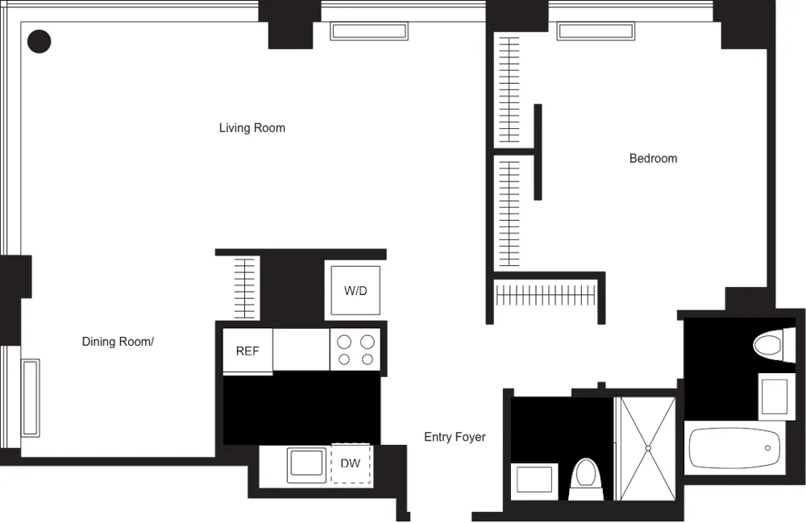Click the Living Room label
pos(252,128)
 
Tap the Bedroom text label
pos(653,159)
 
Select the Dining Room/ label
pos(118,342)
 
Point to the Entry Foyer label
pos(455,437)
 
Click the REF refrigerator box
pos(247,351)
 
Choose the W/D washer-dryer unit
pos(355,290)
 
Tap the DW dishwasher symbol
pos(351,463)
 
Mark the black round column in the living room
pos(39,41)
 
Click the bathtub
pos(734,448)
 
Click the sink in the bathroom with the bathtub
pos(777,396)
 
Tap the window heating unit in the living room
pos(368,31)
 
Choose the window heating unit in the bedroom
pos(595,31)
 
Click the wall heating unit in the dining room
pos(31,398)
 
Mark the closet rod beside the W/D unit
pos(245,288)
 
